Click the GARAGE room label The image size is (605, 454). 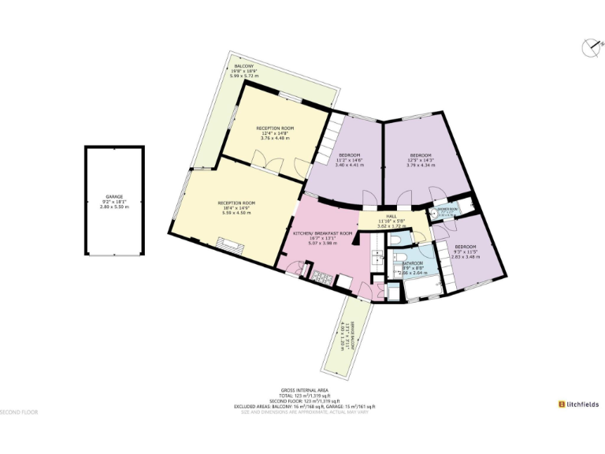pos(115,197)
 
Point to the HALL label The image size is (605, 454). pos(390,215)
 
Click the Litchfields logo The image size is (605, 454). pos(578,404)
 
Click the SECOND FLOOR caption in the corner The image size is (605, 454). pos(19,412)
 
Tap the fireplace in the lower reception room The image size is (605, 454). pos(228,245)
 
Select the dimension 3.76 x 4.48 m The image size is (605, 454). pos(274,138)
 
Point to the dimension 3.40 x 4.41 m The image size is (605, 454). pos(350,165)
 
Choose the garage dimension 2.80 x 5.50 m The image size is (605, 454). pos(115,207)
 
